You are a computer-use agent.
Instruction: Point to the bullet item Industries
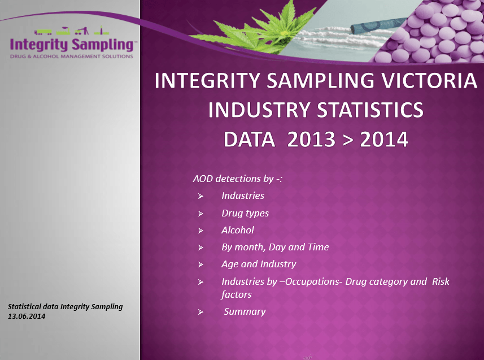coord(242,196)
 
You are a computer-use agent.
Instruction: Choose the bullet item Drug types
coord(245,213)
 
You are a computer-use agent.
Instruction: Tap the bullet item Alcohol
coord(237,230)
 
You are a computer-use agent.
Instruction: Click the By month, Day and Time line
coord(274,247)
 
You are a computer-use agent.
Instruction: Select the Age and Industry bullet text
coord(258,264)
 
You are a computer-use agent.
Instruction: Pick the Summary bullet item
coord(245,311)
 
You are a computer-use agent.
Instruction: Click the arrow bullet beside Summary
coord(200,312)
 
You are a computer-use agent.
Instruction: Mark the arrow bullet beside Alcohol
coord(200,231)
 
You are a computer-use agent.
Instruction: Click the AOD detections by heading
coord(237,179)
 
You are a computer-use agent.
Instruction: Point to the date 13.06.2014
coord(27,316)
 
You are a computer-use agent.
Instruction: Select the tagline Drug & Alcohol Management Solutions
coord(72,57)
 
